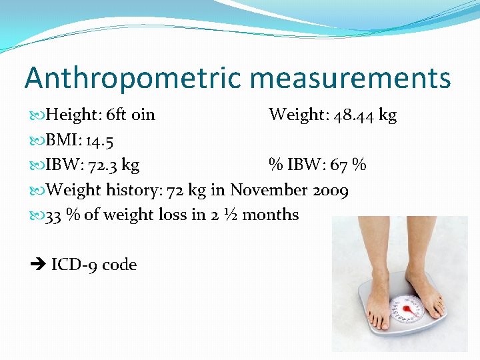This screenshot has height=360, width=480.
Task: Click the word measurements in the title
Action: pyautogui.click(x=346, y=77)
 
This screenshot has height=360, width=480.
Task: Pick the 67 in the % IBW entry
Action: pyautogui.click(x=341, y=165)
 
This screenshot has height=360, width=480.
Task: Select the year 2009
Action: pyautogui.click(x=330, y=190)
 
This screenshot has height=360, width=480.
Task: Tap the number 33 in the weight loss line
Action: pyautogui.click(x=53, y=215)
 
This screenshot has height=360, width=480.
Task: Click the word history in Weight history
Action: pyautogui.click(x=132, y=190)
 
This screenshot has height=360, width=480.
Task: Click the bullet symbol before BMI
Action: pyautogui.click(x=38, y=141)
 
